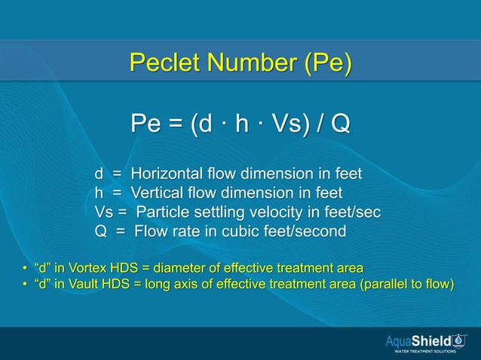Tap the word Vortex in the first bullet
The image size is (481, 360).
pos(87,268)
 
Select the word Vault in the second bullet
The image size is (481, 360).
pos(84,284)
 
